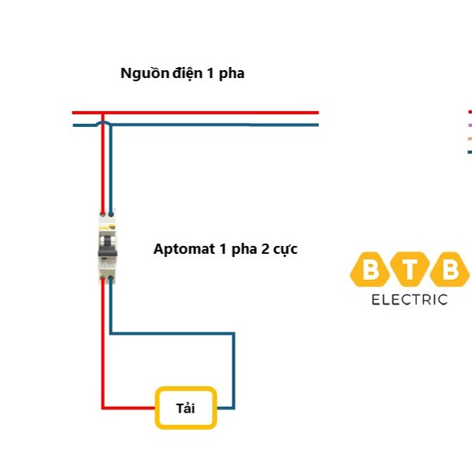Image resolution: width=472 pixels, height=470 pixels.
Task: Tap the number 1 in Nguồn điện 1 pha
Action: (209, 74)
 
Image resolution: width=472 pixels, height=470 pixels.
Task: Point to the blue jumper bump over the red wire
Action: (103, 122)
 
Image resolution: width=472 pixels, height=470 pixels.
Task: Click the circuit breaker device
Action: (107, 246)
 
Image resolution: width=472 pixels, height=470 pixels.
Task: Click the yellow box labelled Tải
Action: (185, 408)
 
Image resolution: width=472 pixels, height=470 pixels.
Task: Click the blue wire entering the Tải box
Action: (224, 408)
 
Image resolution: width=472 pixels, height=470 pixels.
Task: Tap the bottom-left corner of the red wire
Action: (103, 408)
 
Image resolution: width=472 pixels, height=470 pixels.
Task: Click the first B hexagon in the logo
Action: (369, 271)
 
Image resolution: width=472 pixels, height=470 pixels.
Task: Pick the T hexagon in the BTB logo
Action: (410, 271)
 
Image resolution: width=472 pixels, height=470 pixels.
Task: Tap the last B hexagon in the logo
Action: (450, 271)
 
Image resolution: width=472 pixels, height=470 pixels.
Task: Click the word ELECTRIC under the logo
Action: (409, 300)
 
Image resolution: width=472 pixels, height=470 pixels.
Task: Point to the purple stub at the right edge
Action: (470, 125)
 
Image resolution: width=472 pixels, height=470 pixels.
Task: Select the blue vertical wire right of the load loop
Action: (234, 371)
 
